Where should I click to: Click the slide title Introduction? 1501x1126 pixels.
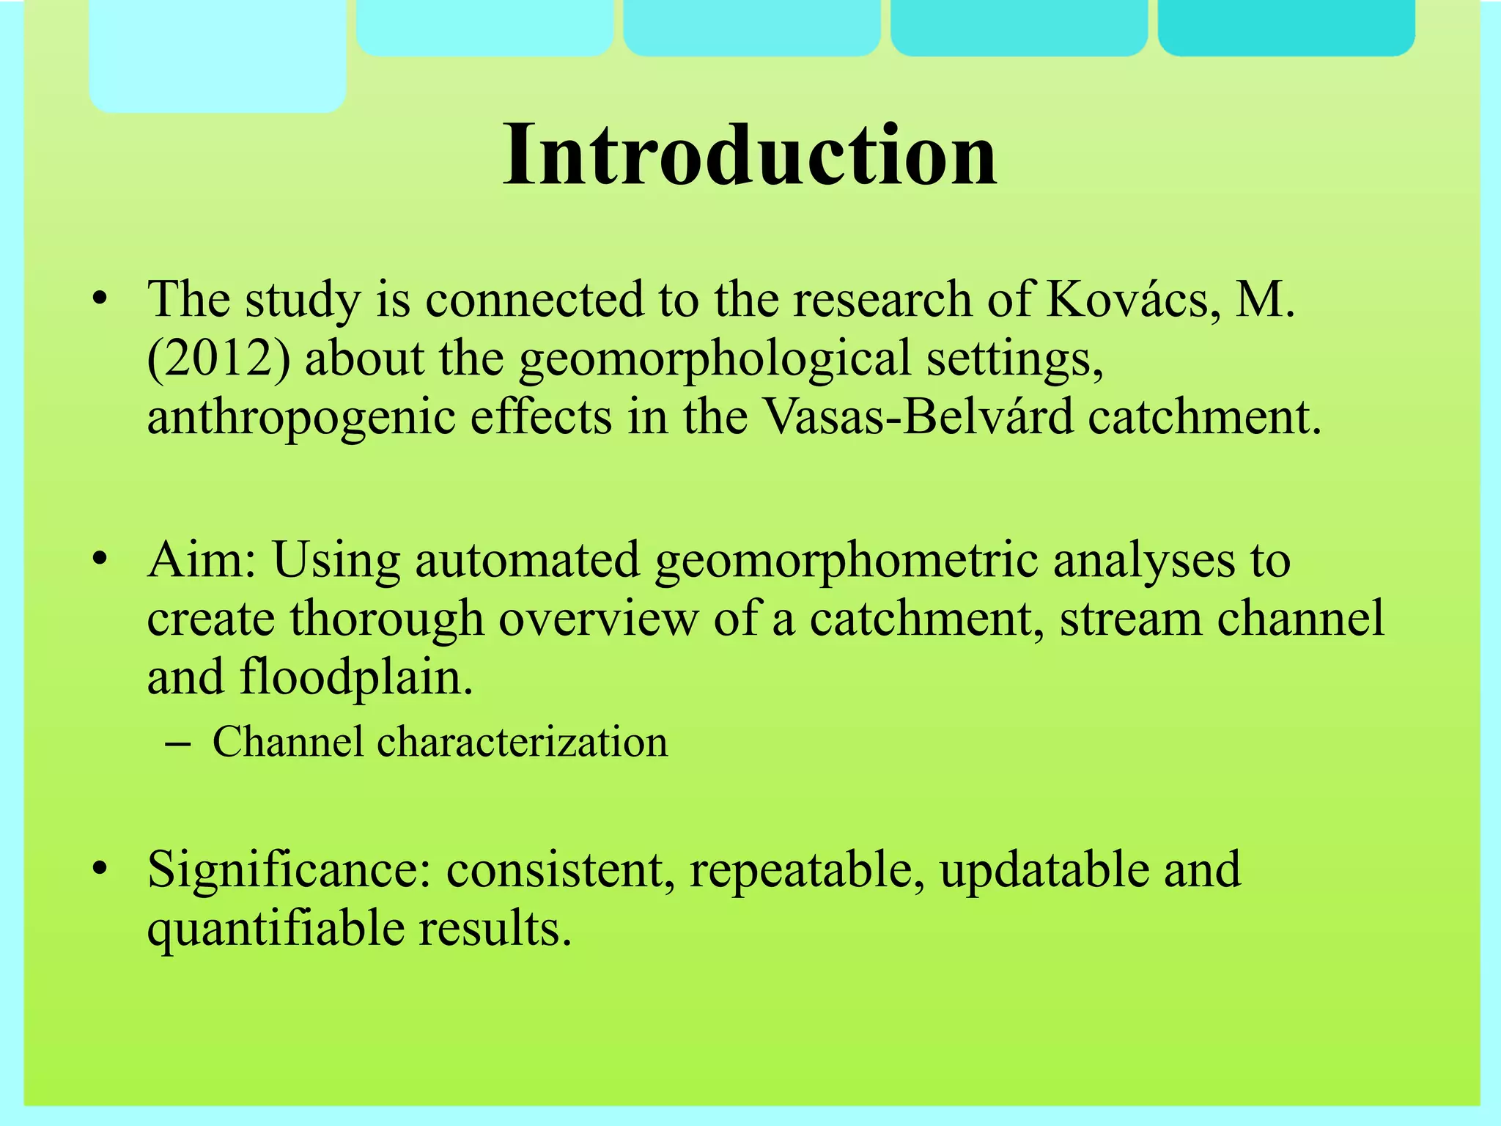click(749, 155)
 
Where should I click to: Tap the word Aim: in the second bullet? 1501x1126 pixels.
click(202, 560)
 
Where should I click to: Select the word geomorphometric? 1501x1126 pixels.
click(845, 562)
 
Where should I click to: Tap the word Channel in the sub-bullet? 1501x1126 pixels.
click(287, 742)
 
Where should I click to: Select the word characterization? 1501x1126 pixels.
click(522, 742)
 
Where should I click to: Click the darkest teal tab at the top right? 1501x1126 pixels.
click(1286, 26)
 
